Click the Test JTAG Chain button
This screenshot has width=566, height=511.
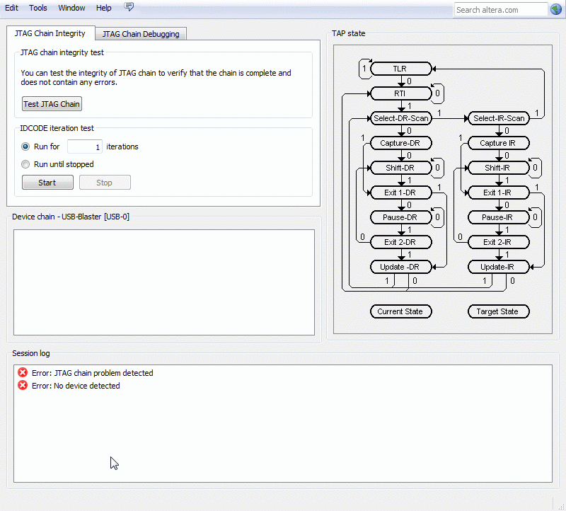pyautogui.click(x=52, y=104)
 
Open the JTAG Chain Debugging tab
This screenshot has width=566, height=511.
pyautogui.click(x=141, y=34)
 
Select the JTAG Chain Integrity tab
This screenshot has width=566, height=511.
pyautogui.click(x=50, y=33)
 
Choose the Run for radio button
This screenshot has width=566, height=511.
pyautogui.click(x=25, y=147)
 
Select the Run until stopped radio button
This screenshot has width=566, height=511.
pyautogui.click(x=25, y=164)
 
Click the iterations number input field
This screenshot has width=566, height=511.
pyautogui.click(x=85, y=147)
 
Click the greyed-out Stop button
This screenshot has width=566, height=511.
pyautogui.click(x=105, y=183)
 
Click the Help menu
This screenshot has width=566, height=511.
pyautogui.click(x=103, y=8)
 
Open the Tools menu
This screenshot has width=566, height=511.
pyautogui.click(x=38, y=8)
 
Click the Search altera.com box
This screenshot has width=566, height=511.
pyautogui.click(x=501, y=10)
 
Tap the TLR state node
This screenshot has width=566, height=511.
pyautogui.click(x=400, y=69)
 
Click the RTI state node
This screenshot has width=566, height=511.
pyautogui.click(x=400, y=93)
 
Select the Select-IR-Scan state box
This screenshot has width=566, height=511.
pyautogui.click(x=499, y=118)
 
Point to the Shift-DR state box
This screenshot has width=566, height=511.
pyautogui.click(x=400, y=168)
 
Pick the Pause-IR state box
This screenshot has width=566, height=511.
pyautogui.click(x=499, y=217)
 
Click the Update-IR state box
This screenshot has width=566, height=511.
pyautogui.click(x=499, y=267)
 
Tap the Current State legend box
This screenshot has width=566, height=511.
pyautogui.click(x=400, y=311)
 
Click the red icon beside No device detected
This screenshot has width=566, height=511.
pyautogui.click(x=23, y=385)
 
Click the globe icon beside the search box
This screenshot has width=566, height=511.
pyautogui.click(x=556, y=9)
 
